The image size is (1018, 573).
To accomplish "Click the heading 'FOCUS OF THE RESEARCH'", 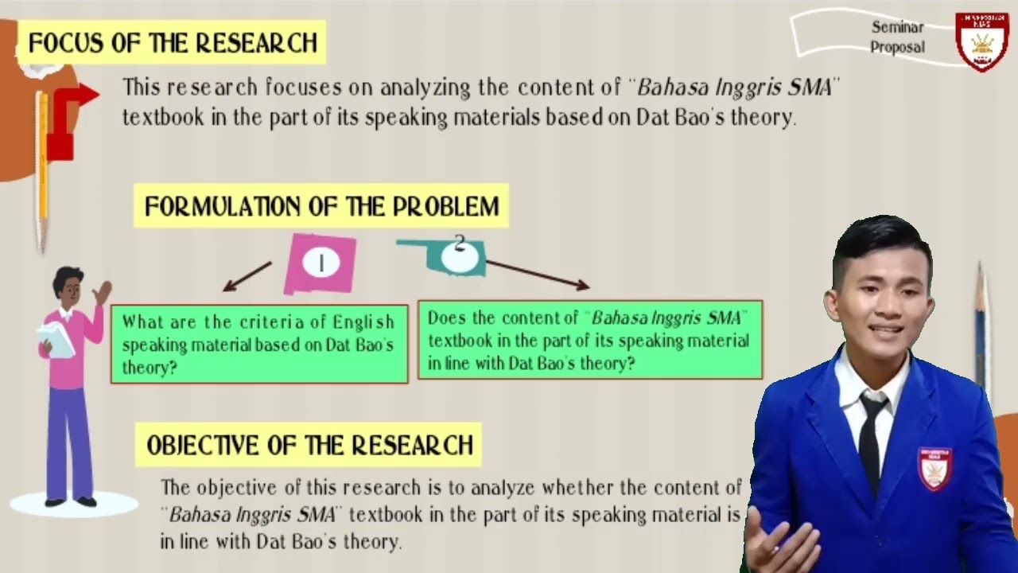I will [173, 42].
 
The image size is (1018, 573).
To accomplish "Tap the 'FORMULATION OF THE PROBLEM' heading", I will [321, 207].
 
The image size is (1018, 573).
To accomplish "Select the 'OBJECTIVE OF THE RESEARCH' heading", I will [309, 445].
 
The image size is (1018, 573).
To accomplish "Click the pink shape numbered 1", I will [321, 263].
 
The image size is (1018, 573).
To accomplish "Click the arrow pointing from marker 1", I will [247, 276].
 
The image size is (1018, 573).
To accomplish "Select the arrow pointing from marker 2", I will [537, 273].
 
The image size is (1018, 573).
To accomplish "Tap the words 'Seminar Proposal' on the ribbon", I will [897, 37].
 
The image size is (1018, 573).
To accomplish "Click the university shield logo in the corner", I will [982, 41].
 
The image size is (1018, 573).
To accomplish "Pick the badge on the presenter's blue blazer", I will [935, 467].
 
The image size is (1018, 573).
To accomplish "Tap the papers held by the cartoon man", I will [55, 338].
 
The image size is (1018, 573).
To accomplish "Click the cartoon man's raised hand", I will [102, 292].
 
